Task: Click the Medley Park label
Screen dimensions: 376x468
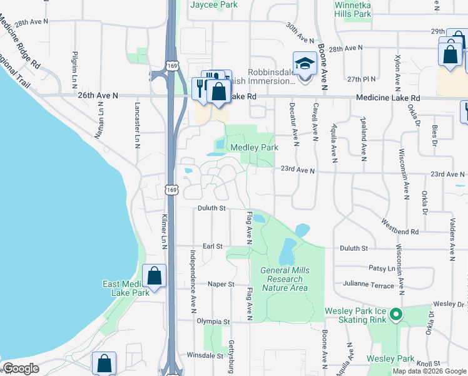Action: click(x=254, y=148)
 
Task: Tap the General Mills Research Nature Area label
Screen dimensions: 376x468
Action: click(x=284, y=279)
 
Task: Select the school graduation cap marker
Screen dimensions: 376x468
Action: click(x=305, y=65)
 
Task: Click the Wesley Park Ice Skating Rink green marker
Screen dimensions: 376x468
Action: click(x=395, y=313)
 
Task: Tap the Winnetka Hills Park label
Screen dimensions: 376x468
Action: click(x=352, y=9)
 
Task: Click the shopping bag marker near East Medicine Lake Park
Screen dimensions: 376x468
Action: click(x=154, y=276)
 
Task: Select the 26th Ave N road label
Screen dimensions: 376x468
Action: click(x=98, y=95)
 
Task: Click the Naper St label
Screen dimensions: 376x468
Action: click(x=221, y=284)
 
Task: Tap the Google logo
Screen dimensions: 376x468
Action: click(x=21, y=368)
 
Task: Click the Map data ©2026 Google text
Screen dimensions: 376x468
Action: click(x=429, y=371)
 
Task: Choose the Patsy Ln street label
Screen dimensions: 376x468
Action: click(x=382, y=268)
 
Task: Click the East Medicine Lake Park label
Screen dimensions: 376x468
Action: click(x=125, y=288)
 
